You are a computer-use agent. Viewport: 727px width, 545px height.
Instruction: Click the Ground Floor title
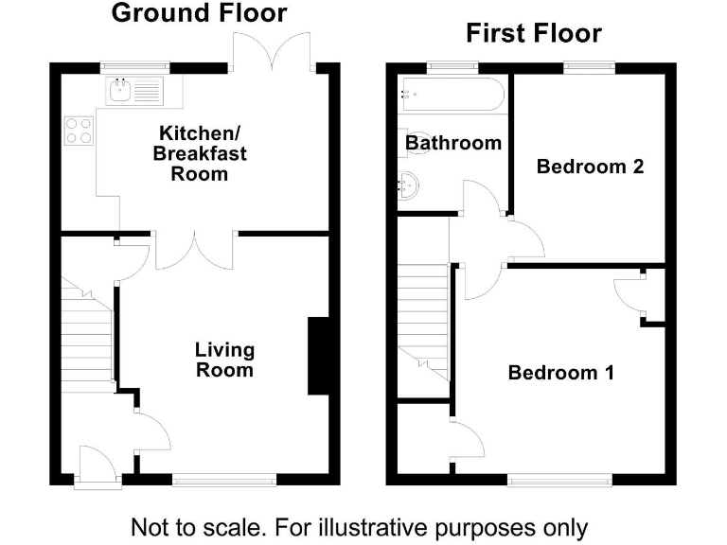(199, 13)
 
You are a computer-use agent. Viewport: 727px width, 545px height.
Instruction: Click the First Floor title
(533, 34)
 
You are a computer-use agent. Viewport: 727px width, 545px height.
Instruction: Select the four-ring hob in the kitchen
(79, 131)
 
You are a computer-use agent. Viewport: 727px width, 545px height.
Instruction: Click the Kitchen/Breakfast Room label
(202, 152)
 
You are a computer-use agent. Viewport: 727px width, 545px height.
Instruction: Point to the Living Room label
(224, 360)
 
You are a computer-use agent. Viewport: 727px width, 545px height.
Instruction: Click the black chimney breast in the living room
(318, 356)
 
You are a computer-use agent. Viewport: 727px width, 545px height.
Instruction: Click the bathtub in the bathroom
(453, 94)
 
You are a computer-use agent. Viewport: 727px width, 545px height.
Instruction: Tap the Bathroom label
(453, 144)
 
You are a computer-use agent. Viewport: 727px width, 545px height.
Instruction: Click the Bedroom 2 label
(590, 167)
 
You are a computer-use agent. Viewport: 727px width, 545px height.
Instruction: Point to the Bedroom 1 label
(560, 373)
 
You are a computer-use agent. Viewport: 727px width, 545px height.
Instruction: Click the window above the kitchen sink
(136, 67)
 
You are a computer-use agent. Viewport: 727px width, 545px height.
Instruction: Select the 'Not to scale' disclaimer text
(359, 526)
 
